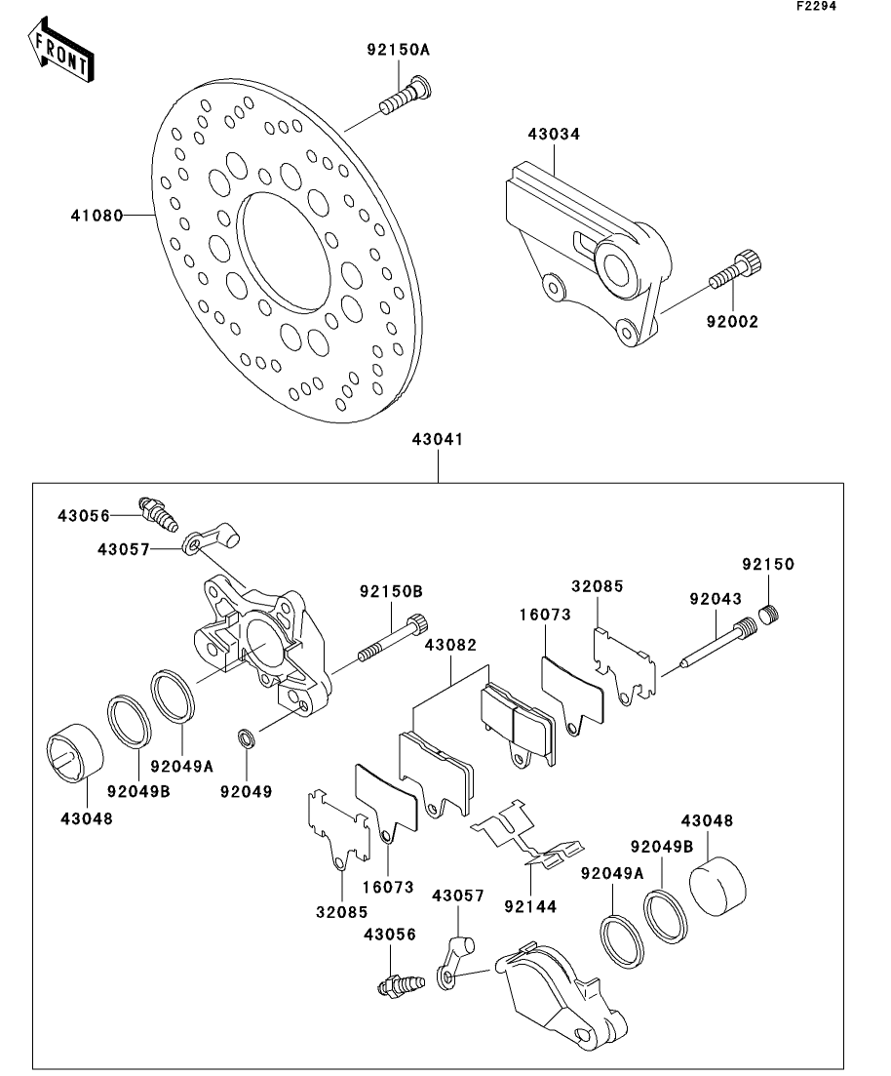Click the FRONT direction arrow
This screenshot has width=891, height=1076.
pos(60,51)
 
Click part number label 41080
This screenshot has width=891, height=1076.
pos(97,217)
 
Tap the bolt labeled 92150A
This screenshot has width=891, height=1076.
pos(405,99)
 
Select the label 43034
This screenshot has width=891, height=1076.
pos(554,135)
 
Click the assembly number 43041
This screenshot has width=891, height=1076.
pos(438,439)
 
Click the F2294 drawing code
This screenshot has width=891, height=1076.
pos(816,6)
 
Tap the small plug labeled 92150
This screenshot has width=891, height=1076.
pos(770,613)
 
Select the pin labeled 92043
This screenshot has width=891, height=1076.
pos(717,643)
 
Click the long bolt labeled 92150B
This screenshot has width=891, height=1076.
pos(391,639)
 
